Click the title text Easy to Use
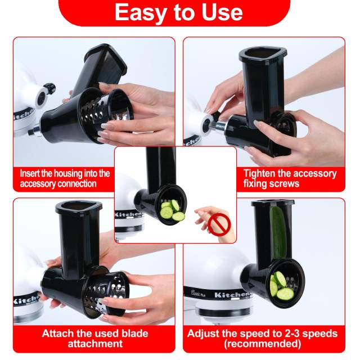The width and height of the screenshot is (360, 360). [179, 12]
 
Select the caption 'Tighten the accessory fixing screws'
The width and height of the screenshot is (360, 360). [290, 179]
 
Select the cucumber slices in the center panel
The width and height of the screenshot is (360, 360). [172, 210]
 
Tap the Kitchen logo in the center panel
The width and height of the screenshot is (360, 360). [129, 214]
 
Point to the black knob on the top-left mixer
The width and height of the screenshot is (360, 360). [49, 88]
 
